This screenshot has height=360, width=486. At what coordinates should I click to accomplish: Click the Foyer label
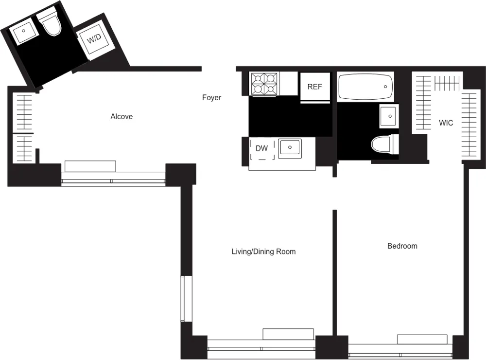211,98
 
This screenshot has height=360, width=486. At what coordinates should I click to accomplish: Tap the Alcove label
121,117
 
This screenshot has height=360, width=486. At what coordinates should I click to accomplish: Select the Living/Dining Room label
263,252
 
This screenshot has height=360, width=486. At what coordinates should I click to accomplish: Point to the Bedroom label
402,246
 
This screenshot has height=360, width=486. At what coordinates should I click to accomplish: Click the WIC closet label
446,123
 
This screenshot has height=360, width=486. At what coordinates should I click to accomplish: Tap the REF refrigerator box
315,87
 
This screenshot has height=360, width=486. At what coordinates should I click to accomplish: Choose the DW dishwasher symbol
262,149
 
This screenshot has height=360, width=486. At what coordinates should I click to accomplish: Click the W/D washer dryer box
94,38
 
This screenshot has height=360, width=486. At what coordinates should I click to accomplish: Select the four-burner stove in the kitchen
264,84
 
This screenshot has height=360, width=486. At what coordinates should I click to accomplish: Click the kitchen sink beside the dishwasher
290,146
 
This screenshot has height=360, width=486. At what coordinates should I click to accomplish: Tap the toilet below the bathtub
384,145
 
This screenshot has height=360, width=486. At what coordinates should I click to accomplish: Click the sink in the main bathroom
389,116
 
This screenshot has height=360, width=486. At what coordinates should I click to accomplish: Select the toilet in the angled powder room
51,25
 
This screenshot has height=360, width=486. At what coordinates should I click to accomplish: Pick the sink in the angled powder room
23,33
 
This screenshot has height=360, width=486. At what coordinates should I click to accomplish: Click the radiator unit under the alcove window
90,166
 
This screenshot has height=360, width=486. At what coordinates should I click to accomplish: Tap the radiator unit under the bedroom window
422,339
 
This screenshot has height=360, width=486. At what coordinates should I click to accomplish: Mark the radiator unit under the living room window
288,334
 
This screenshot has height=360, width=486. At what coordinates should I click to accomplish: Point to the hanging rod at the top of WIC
447,83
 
